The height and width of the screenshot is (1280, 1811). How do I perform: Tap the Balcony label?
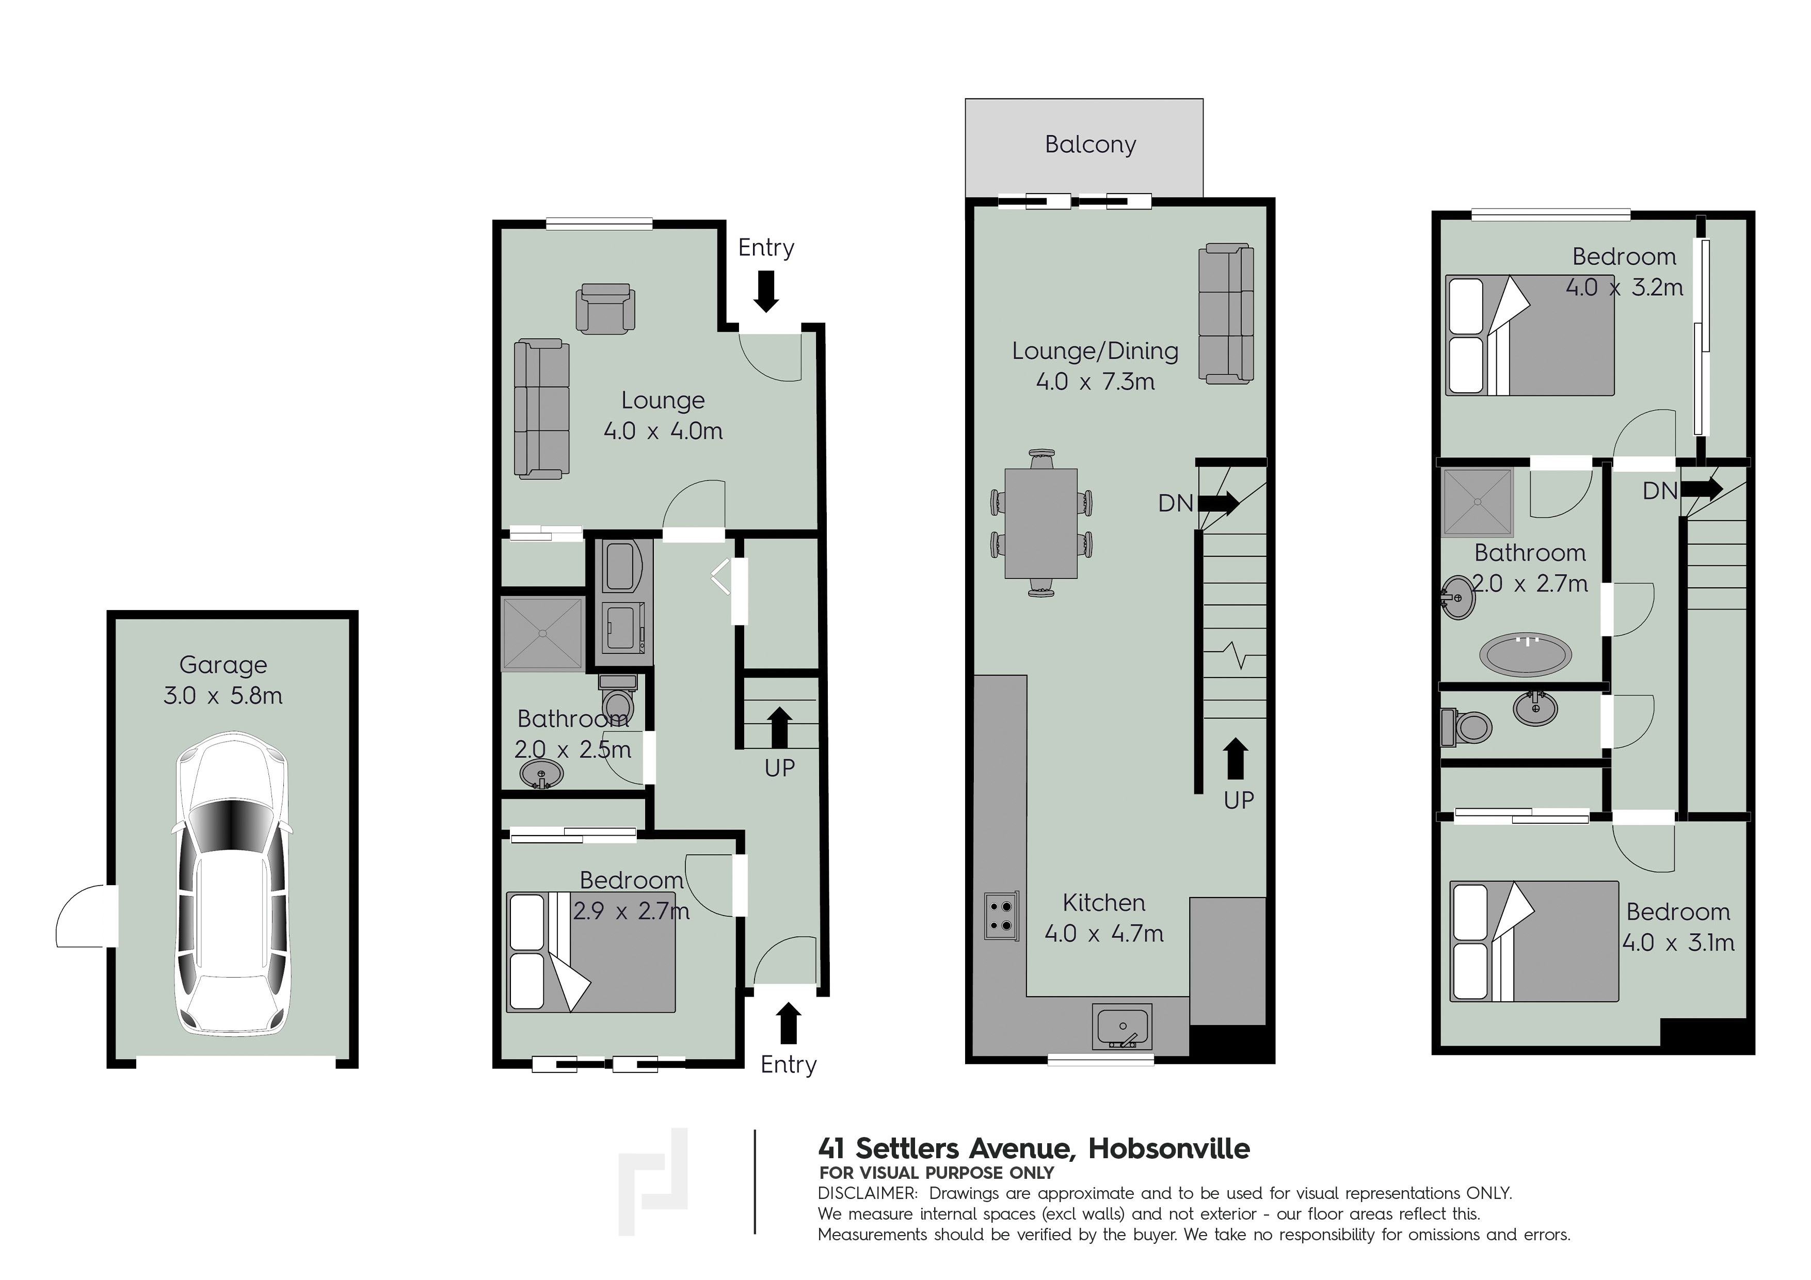pos(1090,145)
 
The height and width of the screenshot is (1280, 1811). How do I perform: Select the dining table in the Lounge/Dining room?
pos(1041,523)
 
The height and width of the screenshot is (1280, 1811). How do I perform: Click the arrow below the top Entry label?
pos(766,291)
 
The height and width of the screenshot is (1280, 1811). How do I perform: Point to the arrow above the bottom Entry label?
pos(788,1022)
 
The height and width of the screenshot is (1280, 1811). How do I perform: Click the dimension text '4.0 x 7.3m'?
pos(1095,382)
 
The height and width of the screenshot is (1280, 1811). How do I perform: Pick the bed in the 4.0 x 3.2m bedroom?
pos(1530,335)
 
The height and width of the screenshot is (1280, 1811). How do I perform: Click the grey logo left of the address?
pos(653,1180)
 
